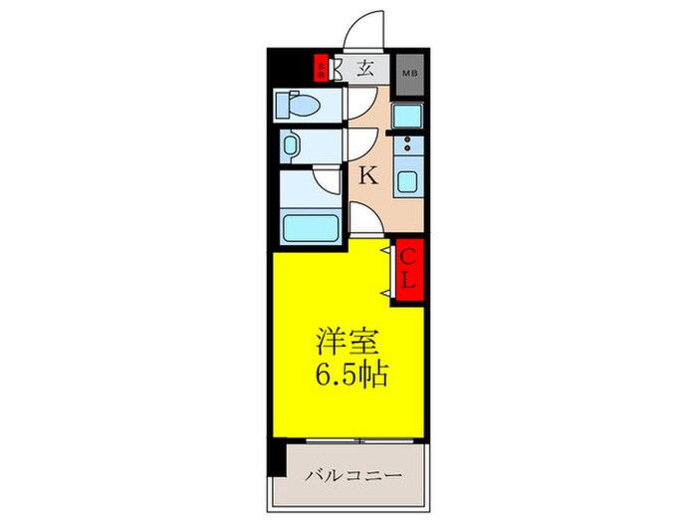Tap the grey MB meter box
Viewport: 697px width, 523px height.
pos(408,72)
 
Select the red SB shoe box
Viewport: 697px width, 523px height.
pos(321,69)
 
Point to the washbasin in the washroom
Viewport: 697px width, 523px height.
pos(291,146)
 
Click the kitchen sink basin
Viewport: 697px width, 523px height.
pos(407,182)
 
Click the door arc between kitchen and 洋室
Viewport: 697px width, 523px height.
pos(366,223)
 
